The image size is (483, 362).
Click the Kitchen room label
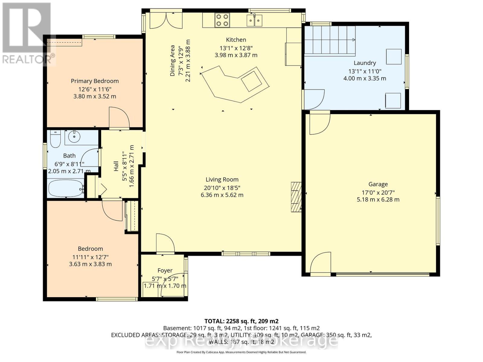click(236, 40)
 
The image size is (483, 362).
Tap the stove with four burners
click(222, 20)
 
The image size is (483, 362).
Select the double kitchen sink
click(254, 21)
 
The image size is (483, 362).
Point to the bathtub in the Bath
click(65, 189)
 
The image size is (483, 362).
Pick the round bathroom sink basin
click(74, 138)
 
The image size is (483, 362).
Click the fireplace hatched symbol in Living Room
click(296, 197)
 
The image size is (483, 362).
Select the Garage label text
click(378, 184)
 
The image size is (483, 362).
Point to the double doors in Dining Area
click(166, 21)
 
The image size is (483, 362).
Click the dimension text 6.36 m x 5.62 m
click(222, 195)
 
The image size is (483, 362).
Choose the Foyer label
click(165, 271)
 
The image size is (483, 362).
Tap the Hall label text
click(116, 166)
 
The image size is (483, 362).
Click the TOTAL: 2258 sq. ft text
click(241, 321)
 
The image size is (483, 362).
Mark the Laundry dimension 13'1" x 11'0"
click(365, 71)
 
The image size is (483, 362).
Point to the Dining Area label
click(172, 60)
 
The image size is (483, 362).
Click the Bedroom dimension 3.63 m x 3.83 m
click(90, 264)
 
